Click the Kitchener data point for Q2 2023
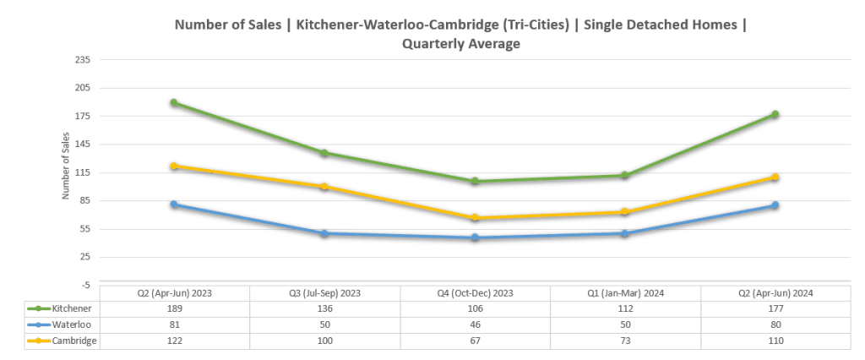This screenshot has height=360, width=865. [173, 103]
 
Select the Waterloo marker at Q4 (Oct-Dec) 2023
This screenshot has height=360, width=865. [475, 238]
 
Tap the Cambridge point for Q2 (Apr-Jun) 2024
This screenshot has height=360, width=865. [774, 177]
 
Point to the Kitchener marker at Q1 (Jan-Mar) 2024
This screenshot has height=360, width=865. [624, 176]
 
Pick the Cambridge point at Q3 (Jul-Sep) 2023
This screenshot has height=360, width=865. [324, 187]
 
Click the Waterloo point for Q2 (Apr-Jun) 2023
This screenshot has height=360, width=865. [173, 205]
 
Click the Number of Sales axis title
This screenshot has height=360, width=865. [64, 172]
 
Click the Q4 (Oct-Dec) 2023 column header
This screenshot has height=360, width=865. [475, 292]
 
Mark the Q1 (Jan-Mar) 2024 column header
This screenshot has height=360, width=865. [624, 292]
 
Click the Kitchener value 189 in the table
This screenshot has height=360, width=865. [175, 308]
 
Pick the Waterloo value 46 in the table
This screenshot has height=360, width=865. [475, 325]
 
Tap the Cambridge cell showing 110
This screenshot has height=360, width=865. [774, 341]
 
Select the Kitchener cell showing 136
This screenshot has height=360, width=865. [325, 308]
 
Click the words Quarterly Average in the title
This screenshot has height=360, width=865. [460, 44]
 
